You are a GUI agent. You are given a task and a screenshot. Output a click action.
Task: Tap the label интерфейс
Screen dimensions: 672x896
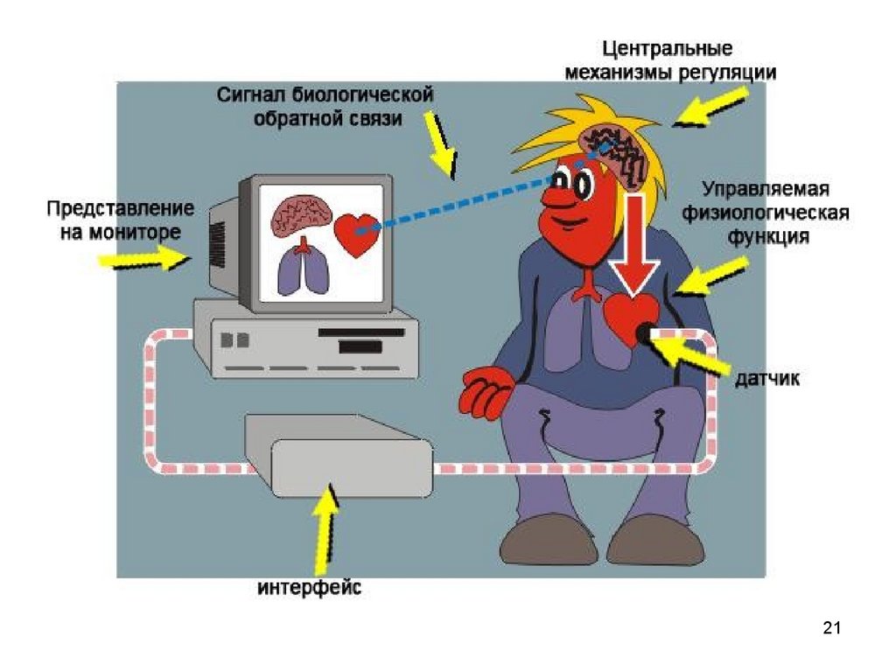point(309,587)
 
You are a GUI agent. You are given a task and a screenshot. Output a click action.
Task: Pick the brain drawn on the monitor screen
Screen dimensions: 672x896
point(299,214)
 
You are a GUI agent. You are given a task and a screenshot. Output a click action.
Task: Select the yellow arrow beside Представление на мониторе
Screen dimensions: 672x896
point(144,259)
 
